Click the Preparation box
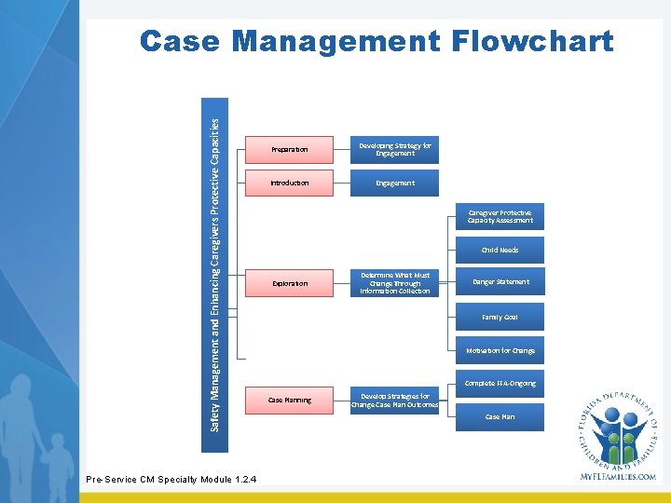pyautogui.click(x=289, y=149)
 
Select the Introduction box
pyautogui.click(x=289, y=184)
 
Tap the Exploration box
pyautogui.click(x=289, y=283)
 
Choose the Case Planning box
pyautogui.click(x=289, y=401)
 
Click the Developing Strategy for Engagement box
pyautogui.click(x=395, y=149)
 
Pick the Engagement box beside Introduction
pyautogui.click(x=395, y=184)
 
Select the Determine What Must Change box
pyautogui.click(x=395, y=283)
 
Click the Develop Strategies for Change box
pyautogui.click(x=395, y=401)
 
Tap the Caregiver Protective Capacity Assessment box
pyautogui.click(x=500, y=217)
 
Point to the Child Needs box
pyautogui.click(x=500, y=251)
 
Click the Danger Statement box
pyautogui.click(x=500, y=282)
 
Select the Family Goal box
pyautogui.click(x=500, y=318)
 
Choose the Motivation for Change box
pyautogui.click(x=500, y=351)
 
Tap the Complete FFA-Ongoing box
pyautogui.click(x=500, y=384)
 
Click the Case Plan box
pyautogui.click(x=500, y=417)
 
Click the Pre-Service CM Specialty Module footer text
pyautogui.click(x=171, y=480)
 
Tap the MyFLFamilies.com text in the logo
pyautogui.click(x=617, y=476)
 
